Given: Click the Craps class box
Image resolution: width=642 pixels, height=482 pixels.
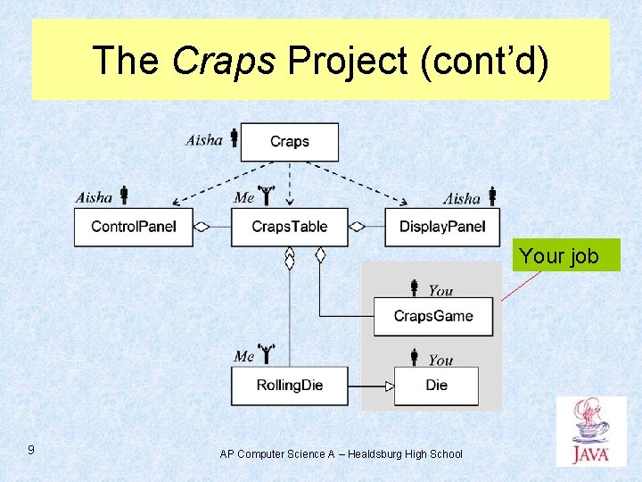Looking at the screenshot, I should click(x=290, y=142).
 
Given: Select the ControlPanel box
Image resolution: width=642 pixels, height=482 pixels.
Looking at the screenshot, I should click(x=134, y=227).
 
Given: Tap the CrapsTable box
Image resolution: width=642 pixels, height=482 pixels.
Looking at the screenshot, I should click(x=290, y=227).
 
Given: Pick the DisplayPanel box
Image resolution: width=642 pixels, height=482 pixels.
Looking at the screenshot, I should click(x=442, y=227).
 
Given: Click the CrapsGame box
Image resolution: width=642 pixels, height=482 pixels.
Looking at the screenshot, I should click(x=433, y=316).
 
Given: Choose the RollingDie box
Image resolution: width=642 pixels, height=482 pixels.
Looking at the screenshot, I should click(x=290, y=386).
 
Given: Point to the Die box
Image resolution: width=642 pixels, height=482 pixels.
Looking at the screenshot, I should click(x=436, y=386).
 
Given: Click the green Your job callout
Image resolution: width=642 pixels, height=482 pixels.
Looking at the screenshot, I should click(x=559, y=256).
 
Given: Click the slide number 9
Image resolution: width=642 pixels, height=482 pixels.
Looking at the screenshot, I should click(x=31, y=450).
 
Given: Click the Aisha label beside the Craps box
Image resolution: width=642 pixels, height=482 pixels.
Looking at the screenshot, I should click(x=204, y=139).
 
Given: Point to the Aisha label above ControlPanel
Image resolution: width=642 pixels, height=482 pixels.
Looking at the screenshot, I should click(x=95, y=197).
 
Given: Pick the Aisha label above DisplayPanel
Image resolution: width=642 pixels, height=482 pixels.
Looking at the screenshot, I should click(x=462, y=198).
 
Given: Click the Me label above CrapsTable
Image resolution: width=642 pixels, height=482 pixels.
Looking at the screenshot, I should click(x=244, y=197).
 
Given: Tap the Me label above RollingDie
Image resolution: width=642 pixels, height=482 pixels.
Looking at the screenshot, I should click(x=244, y=356).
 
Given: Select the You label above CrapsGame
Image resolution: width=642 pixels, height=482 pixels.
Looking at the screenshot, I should click(x=440, y=290).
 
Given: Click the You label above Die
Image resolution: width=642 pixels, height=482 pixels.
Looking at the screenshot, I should click(x=440, y=360).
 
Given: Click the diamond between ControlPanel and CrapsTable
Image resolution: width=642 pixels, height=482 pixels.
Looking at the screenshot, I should click(x=202, y=227).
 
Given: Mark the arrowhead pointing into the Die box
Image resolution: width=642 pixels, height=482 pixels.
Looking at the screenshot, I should click(x=389, y=386).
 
